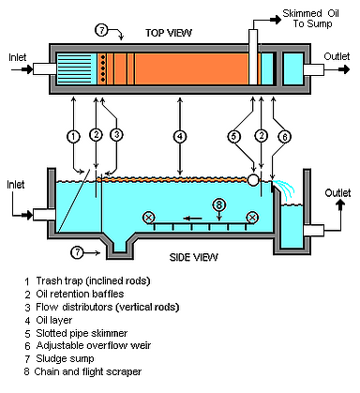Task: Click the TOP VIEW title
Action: click(x=169, y=33)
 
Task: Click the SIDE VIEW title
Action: click(x=193, y=257)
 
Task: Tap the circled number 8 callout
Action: click(x=218, y=205)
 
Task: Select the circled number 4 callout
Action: click(x=180, y=136)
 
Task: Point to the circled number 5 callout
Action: click(x=233, y=136)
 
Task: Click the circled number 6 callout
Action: click(x=284, y=137)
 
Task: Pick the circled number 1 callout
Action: click(x=73, y=137)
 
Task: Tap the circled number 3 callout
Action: click(x=116, y=135)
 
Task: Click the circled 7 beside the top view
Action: click(x=101, y=31)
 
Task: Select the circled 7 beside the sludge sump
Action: click(x=77, y=252)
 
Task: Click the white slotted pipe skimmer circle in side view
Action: click(x=253, y=180)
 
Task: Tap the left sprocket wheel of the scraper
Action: click(x=149, y=218)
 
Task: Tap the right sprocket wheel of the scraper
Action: click(x=252, y=218)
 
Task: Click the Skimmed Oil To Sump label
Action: click(x=311, y=19)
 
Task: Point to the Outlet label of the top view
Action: click(x=337, y=56)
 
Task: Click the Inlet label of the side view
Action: click(x=16, y=185)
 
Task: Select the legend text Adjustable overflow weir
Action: click(x=94, y=345)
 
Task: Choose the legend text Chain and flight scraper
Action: click(x=88, y=371)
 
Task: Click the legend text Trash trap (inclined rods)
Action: click(x=93, y=280)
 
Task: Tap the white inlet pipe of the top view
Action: click(x=45, y=69)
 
